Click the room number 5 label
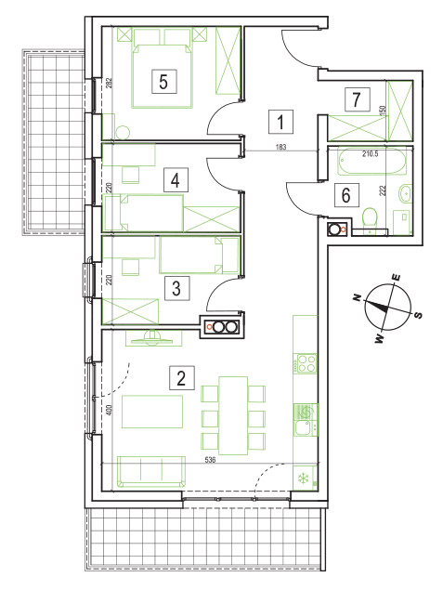[163, 81]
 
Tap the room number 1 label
[280, 122]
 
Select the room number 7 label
[357, 99]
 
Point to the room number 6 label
[346, 195]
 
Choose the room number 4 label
[175, 180]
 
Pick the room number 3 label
[176, 288]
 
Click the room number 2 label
[182, 377]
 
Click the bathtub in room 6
[371, 162]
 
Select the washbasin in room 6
[406, 194]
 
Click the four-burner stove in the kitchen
[306, 363]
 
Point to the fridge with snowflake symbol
[305, 478]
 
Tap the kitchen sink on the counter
[305, 427]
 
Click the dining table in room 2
[233, 415]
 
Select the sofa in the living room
[151, 472]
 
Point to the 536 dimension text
[210, 460]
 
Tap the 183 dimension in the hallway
[280, 147]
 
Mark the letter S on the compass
[418, 315]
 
